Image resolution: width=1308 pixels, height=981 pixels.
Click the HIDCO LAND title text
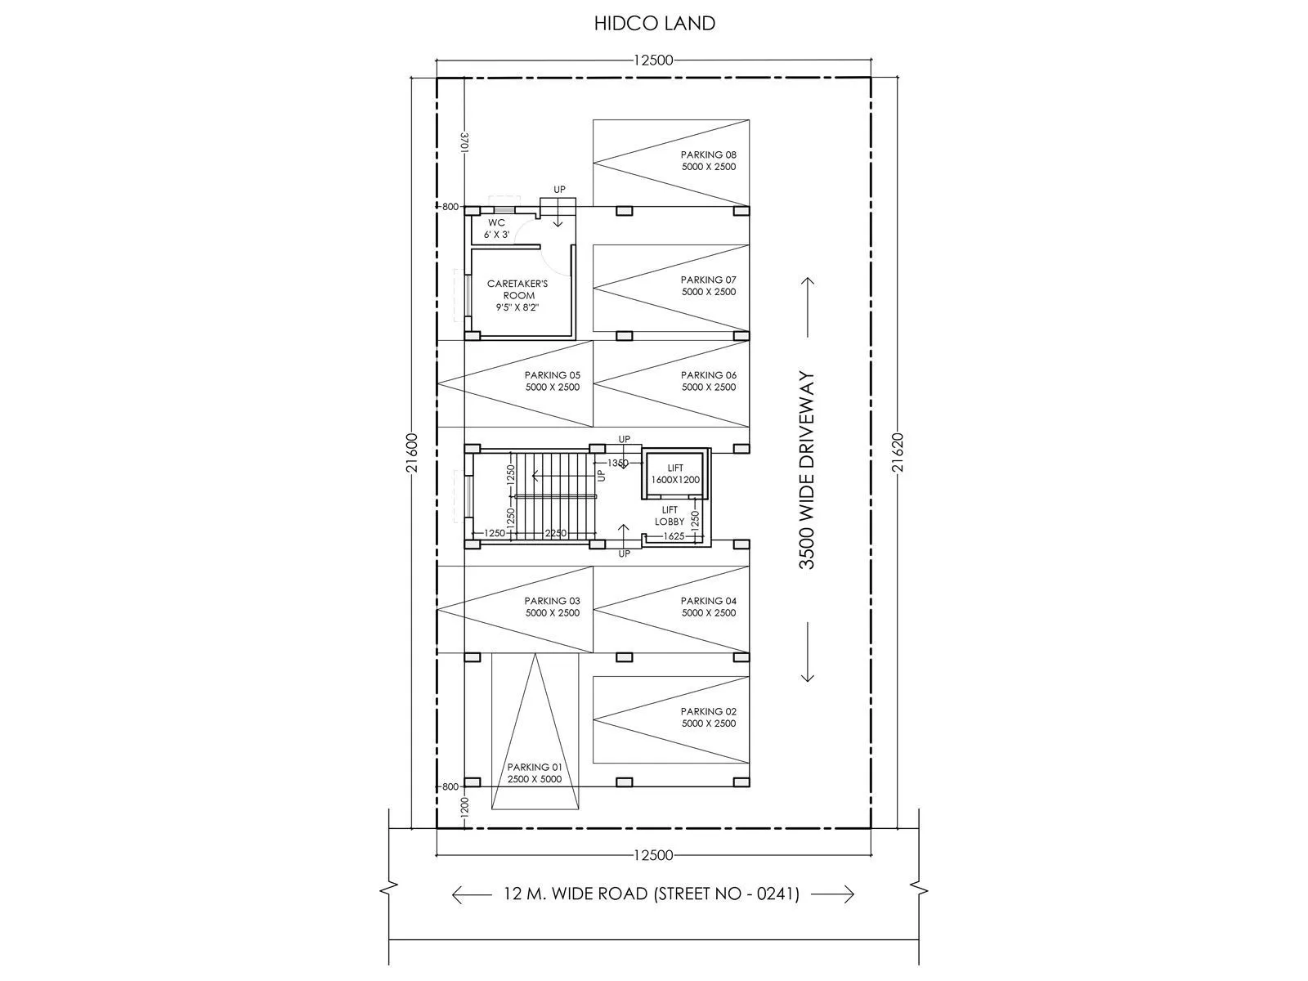click(654, 23)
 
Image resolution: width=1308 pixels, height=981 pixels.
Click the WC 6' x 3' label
click(496, 228)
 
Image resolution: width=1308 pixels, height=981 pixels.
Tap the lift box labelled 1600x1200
click(675, 473)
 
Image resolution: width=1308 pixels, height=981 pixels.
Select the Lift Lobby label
click(670, 515)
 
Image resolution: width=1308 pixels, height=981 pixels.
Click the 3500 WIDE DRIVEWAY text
click(808, 472)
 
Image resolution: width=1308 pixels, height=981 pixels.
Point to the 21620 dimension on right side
click(898, 453)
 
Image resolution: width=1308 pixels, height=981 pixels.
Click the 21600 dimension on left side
click(412, 453)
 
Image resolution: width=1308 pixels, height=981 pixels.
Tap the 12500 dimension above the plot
click(652, 60)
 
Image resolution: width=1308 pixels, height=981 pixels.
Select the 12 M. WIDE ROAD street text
click(652, 894)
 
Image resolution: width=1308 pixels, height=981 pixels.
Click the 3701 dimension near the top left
click(464, 142)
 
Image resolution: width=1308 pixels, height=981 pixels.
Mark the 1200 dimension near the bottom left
click(464, 808)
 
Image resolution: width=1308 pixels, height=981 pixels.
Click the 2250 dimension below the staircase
click(556, 533)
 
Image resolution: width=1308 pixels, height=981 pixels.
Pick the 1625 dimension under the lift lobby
click(674, 536)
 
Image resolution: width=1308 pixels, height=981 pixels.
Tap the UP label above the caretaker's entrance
click(559, 190)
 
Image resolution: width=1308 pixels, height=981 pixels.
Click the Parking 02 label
click(708, 717)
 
